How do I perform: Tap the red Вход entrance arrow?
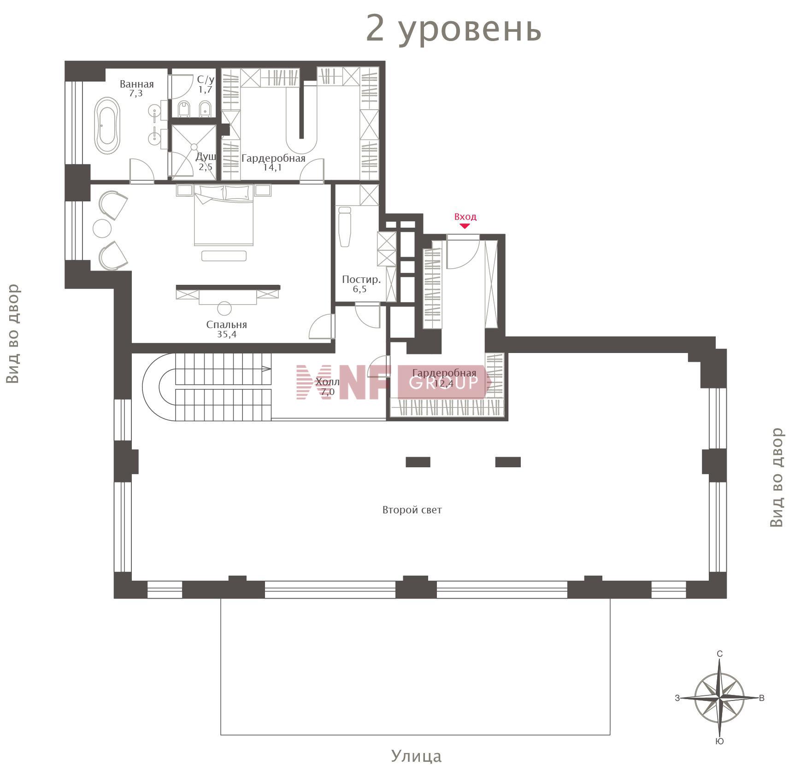click(465, 226)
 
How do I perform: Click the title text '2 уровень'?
click(453, 29)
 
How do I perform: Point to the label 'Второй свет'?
click(412, 510)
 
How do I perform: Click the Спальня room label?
click(226, 324)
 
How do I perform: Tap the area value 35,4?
click(227, 334)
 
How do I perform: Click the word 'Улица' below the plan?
click(416, 756)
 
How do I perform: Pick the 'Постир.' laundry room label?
click(361, 279)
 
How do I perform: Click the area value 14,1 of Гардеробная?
click(272, 167)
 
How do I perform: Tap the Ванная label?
click(136, 84)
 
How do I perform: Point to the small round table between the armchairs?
click(102, 228)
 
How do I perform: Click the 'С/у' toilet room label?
click(206, 80)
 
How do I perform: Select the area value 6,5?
click(359, 289)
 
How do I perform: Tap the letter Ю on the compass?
click(719, 741)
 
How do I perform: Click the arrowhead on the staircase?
click(267, 368)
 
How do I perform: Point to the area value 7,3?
click(136, 93)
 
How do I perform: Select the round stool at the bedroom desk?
click(224, 308)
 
